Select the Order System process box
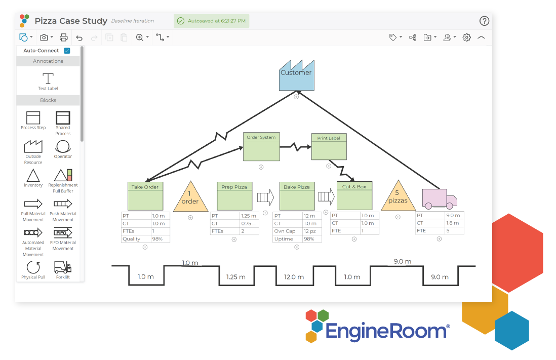click(261, 147)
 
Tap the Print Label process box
click(329, 147)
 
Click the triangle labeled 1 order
click(190, 198)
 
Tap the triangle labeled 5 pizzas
click(398, 197)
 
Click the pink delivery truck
click(439, 198)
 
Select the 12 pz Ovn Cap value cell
click(309, 231)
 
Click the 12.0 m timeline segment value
click(294, 277)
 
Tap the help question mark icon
click(484, 21)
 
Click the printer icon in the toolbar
click(64, 37)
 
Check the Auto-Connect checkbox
click(67, 51)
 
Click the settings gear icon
click(467, 37)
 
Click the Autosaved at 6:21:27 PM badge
click(212, 21)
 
